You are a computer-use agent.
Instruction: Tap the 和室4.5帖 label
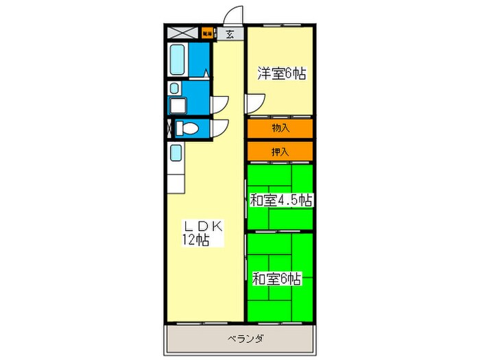(x=281, y=200)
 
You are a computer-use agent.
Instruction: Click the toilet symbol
(x=187, y=128)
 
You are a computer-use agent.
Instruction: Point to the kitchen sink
(x=176, y=153)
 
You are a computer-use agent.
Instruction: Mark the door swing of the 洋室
(x=254, y=103)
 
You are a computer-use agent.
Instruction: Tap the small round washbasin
(x=174, y=88)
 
